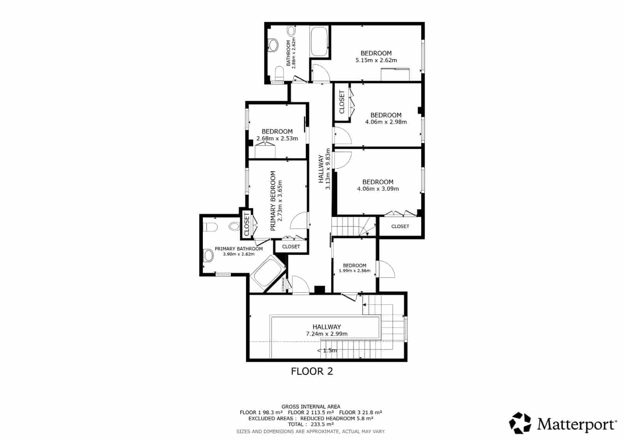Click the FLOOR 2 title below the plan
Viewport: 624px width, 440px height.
312,371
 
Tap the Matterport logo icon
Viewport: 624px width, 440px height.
520,423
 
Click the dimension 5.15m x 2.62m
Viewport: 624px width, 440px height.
376,60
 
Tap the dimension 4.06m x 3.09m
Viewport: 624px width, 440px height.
378,189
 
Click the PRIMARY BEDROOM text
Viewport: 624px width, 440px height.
273,201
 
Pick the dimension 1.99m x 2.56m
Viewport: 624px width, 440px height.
354,271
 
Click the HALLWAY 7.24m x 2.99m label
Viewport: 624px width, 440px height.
326,330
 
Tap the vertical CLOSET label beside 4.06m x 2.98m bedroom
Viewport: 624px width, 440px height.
342,102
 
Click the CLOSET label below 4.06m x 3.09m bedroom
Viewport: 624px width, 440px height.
400,226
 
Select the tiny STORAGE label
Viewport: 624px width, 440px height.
284,284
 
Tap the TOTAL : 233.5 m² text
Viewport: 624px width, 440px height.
311,424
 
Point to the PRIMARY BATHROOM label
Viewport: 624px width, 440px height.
239,249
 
